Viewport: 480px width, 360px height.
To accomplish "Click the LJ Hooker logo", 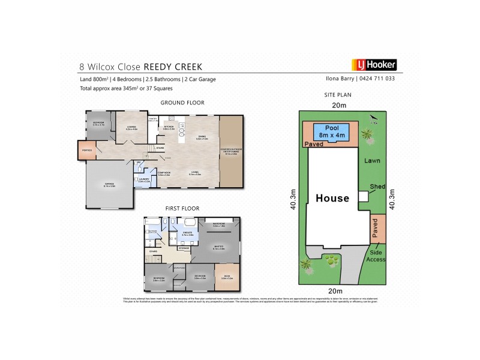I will coord(373,65).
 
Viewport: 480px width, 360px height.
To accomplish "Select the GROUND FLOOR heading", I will coord(182,103).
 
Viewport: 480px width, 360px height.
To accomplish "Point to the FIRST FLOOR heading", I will coord(182,208).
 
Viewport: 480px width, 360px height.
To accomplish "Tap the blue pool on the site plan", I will coord(331,132).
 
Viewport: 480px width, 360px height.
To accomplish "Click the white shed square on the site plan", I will coord(363,196).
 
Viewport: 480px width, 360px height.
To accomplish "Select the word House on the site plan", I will coord(332,198).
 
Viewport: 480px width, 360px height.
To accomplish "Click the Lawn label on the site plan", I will coord(373,161).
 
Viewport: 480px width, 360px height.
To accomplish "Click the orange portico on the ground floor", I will coord(86,150).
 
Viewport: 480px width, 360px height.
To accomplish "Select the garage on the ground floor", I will coord(109,186).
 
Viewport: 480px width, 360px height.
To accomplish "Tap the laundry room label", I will coord(143,179).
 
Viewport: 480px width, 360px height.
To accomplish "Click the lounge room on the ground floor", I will coord(131,127).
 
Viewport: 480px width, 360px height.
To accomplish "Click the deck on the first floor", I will coord(227,278).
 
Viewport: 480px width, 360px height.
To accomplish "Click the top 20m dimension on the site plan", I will coord(339,106).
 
